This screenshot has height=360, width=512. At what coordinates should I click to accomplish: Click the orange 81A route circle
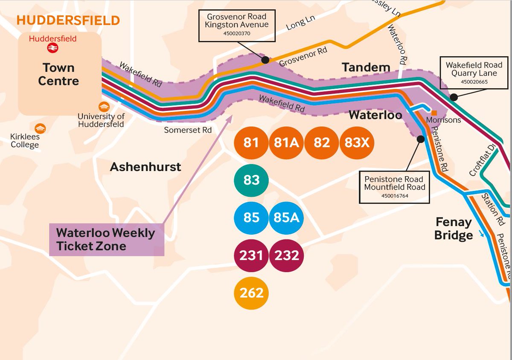286,143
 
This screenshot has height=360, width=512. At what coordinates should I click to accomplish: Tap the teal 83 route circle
251,180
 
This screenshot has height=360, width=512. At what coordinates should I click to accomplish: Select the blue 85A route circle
286,218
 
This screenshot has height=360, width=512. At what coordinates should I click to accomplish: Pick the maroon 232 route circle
286,255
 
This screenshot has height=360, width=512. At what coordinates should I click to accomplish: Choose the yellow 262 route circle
251,293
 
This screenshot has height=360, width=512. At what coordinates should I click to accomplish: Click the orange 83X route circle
357,143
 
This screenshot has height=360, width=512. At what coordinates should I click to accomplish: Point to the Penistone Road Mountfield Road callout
394,187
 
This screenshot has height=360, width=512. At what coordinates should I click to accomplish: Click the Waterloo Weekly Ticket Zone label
106,240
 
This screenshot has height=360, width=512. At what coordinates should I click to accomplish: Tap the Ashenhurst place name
145,167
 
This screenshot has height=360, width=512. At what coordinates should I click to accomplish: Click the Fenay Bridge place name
454,229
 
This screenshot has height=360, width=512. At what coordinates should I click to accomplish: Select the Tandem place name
366,67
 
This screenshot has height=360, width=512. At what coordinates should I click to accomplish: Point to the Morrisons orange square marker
434,113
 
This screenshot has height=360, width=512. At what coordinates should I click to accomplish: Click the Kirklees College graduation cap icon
40,128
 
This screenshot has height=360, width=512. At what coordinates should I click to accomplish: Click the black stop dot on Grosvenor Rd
265,60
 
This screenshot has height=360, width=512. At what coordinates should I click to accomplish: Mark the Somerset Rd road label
188,130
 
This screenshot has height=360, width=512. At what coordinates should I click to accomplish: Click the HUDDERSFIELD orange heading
68,20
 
